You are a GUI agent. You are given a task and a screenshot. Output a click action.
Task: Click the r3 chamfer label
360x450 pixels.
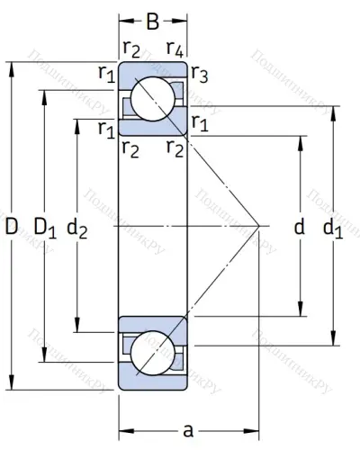click(x=201, y=75)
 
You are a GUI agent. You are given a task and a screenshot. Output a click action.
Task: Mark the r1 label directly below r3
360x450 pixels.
click(x=201, y=123)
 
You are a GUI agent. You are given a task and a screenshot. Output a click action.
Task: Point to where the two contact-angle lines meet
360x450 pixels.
click(x=259, y=225)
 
